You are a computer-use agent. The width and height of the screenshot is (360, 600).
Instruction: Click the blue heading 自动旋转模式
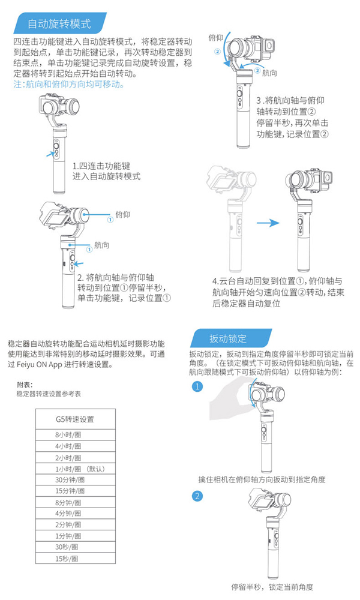pos(59,24)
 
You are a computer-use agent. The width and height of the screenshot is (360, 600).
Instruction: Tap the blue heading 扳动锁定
pos(228,338)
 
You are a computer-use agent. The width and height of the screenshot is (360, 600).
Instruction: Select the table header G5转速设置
pos(75,419)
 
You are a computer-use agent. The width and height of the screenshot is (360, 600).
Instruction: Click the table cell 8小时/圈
pos(68,434)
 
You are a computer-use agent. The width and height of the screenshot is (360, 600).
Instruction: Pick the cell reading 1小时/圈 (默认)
pos(80,469)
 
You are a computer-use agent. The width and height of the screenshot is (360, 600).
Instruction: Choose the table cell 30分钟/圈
pos(70,480)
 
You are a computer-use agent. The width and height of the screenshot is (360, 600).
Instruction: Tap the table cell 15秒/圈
pos(67,559)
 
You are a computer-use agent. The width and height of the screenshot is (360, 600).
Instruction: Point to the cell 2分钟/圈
pos(68,524)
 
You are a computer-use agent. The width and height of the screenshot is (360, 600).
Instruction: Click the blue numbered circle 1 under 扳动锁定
pos(197,386)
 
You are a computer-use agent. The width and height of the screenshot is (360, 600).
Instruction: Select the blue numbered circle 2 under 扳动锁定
pos(197,496)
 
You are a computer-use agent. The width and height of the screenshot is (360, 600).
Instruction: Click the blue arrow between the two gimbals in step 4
pos(268,223)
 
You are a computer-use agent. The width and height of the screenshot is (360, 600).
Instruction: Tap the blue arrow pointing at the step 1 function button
pos(50,154)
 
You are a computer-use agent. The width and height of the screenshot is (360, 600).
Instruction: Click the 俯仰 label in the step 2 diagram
pos(123,214)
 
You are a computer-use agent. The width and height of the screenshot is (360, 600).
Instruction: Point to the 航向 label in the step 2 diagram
pos(102,245)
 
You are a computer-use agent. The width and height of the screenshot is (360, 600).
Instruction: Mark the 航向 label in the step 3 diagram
pos(270,73)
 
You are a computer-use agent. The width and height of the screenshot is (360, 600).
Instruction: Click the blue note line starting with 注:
pos(69,84)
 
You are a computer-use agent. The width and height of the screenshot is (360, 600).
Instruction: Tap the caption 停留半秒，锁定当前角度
pos(272,587)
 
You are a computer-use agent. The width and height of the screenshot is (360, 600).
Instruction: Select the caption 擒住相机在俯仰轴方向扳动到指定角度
pos(262,479)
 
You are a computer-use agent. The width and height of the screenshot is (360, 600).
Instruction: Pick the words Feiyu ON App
pos(40,364)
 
